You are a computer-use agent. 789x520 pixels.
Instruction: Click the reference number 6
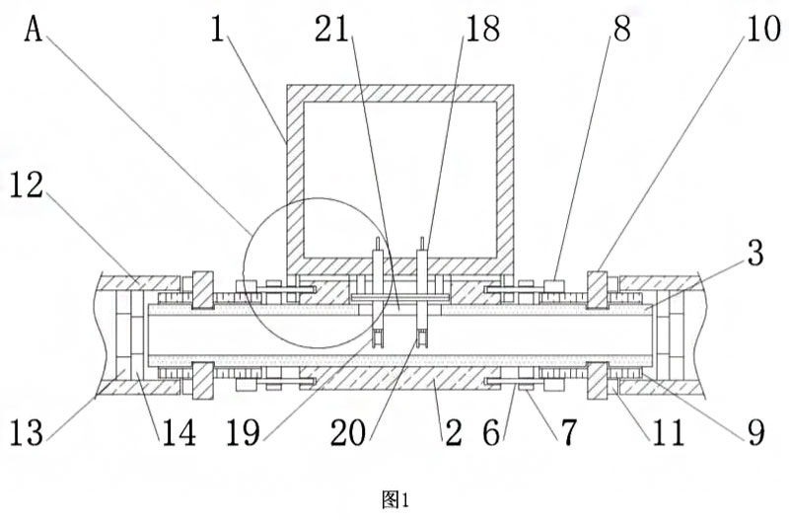pyautogui.click(x=504, y=431)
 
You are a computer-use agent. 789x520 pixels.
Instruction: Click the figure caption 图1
pyautogui.click(x=394, y=500)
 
